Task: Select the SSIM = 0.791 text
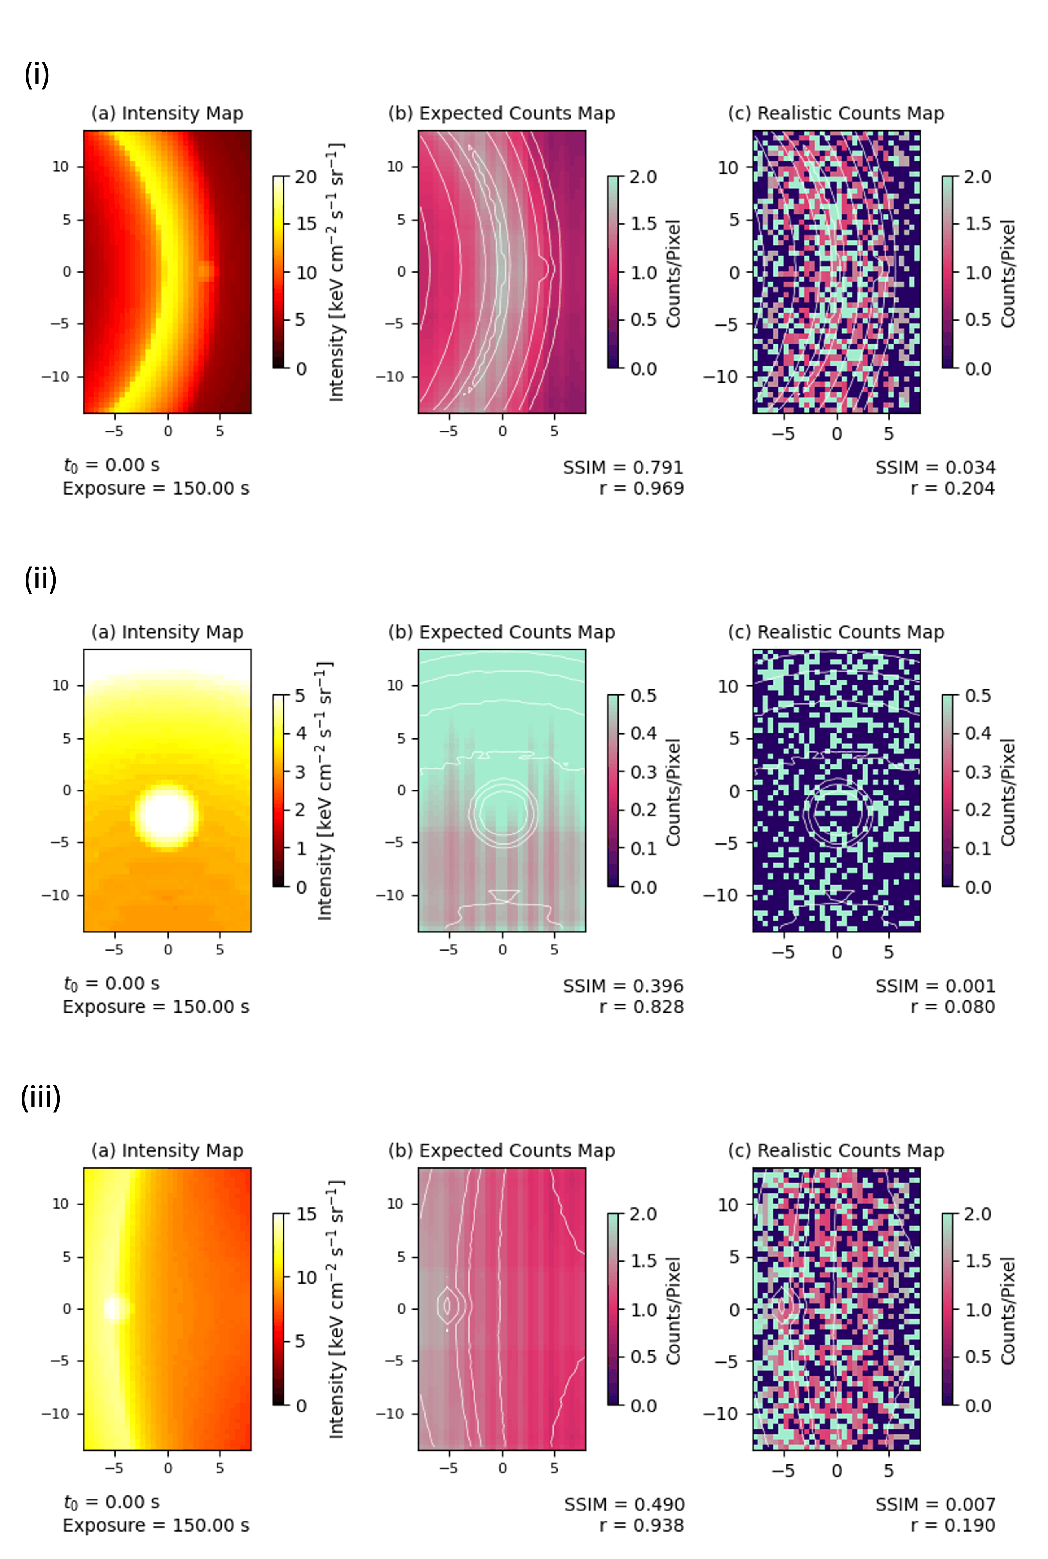click(x=623, y=467)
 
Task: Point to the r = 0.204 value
click(x=953, y=488)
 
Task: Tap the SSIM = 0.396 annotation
click(x=623, y=986)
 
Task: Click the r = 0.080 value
click(x=953, y=1007)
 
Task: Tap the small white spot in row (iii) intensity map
click(x=115, y=1308)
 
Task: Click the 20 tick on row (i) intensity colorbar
click(x=305, y=177)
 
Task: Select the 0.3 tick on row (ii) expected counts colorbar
click(x=644, y=771)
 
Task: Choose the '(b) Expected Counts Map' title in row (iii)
click(x=501, y=1150)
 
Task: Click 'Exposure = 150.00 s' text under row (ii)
click(x=156, y=1007)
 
